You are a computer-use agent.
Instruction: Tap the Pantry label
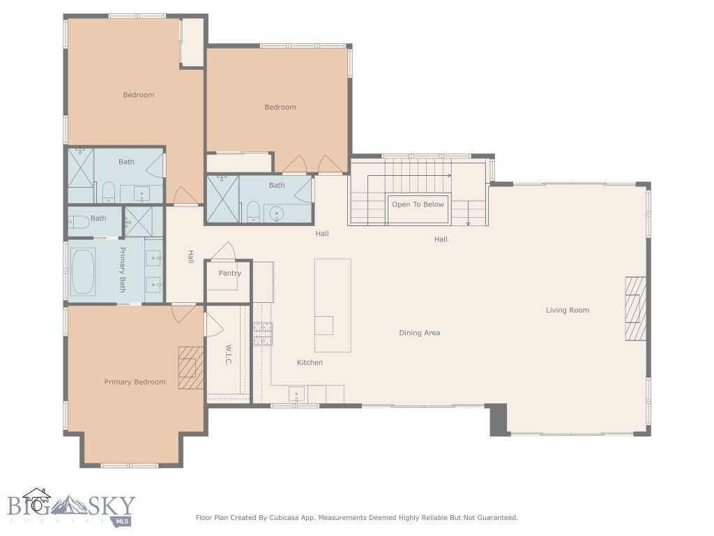pyautogui.click(x=229, y=273)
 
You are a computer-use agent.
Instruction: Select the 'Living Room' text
pyautogui.click(x=567, y=310)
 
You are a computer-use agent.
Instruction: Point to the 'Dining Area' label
pyautogui.click(x=419, y=333)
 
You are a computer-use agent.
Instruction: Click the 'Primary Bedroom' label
pyautogui.click(x=135, y=382)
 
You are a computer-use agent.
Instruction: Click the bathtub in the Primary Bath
pyautogui.click(x=84, y=271)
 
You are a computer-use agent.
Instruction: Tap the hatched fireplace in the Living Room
pyautogui.click(x=635, y=308)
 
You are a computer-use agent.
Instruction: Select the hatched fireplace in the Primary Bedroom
pyautogui.click(x=190, y=367)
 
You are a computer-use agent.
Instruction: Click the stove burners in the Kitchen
pyautogui.click(x=262, y=334)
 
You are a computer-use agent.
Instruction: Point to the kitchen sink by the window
pyautogui.click(x=296, y=394)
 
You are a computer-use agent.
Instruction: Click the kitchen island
pyautogui.click(x=332, y=305)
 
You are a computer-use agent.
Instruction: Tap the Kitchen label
pyautogui.click(x=310, y=362)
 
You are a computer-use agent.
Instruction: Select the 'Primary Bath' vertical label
pyautogui.click(x=122, y=269)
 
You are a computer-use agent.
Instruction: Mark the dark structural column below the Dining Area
pyautogui.click(x=498, y=419)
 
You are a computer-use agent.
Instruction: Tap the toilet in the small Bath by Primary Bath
pyautogui.click(x=78, y=222)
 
